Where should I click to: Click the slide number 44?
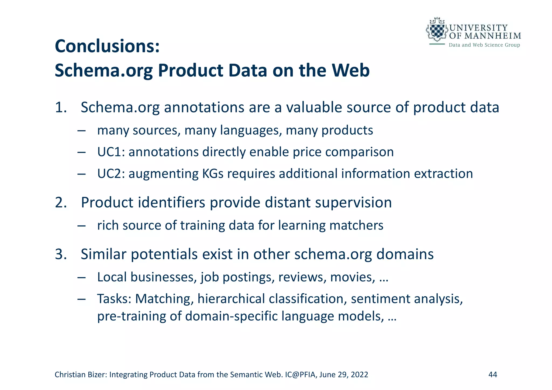[x=493, y=375]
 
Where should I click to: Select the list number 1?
[x=61, y=107]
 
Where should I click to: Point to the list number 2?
[x=61, y=203]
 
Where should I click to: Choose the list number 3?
[x=61, y=254]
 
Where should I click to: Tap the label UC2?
[x=111, y=174]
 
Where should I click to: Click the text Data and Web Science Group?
[x=484, y=45]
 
